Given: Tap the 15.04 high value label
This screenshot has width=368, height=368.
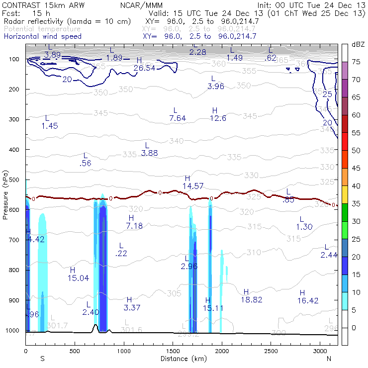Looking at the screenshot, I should [x=79, y=278].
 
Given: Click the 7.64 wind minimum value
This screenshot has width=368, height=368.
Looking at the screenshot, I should [x=178, y=118].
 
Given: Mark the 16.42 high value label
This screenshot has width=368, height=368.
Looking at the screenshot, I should [x=308, y=300].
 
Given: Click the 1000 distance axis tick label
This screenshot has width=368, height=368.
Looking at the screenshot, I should [x=124, y=351].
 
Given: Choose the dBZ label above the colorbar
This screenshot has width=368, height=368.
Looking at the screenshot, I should [x=358, y=44].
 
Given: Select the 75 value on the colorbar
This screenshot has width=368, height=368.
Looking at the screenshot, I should [x=356, y=62].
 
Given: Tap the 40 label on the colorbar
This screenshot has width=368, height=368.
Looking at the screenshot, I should [x=356, y=185].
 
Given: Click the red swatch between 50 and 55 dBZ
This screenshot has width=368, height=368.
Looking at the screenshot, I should [x=345, y=141].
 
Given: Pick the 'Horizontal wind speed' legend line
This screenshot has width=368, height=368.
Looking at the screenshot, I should [x=42, y=36].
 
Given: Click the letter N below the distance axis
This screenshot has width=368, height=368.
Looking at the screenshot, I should [x=329, y=358].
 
